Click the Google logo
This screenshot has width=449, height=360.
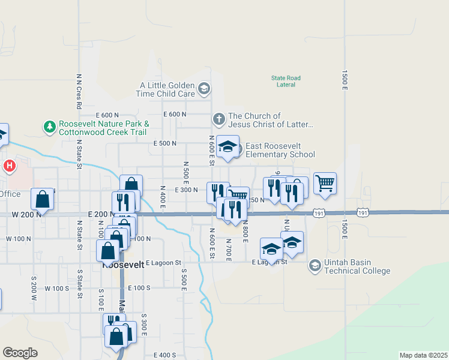[x=20, y=353]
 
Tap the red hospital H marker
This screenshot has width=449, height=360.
[x=10, y=166]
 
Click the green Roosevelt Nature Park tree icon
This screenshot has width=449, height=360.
[x=49, y=127]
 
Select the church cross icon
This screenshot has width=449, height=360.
[x=219, y=120]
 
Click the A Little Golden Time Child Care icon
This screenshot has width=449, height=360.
[x=204, y=89]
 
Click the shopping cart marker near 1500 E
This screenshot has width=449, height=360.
[x=325, y=183]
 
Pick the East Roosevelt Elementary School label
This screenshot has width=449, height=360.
[x=280, y=150]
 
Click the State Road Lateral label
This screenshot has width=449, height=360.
[x=286, y=81]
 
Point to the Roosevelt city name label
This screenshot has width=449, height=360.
[x=124, y=264]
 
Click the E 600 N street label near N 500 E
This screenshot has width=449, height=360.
[x=175, y=114]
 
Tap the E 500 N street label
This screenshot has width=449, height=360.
[x=165, y=143]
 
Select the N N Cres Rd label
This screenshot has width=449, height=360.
[x=79, y=87]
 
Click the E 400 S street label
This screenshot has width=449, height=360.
[x=164, y=355]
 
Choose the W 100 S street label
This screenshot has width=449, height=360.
[x=56, y=289]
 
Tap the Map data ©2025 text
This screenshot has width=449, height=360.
[x=424, y=355]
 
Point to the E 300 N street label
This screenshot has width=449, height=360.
[x=186, y=190]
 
